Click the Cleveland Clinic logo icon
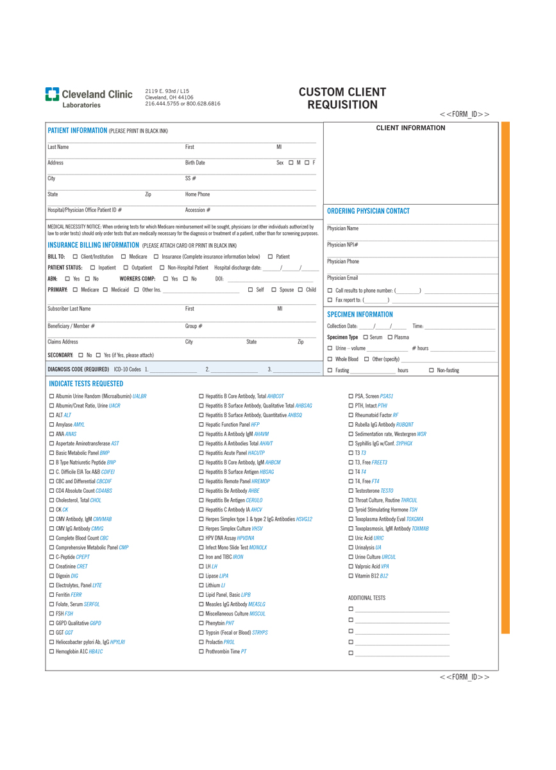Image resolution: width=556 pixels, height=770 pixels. pyautogui.click(x=52, y=94)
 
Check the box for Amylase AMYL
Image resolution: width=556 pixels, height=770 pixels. pyautogui.click(x=52, y=425)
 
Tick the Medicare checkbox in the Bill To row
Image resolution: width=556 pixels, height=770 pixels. pyautogui.click(x=123, y=257)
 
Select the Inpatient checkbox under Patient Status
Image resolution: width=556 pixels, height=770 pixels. pyautogui.click(x=93, y=268)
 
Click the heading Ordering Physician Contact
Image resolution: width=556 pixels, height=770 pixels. pyautogui.click(x=368, y=211)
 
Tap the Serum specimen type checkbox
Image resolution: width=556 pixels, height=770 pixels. pyautogui.click(x=366, y=338)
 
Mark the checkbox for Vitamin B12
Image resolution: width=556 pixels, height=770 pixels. pyautogui.click(x=351, y=576)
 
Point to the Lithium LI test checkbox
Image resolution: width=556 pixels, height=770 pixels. pyautogui.click(x=201, y=586)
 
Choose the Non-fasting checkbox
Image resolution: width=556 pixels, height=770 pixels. pyautogui.click(x=432, y=371)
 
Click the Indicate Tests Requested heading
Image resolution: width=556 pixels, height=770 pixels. pyautogui.click(x=86, y=384)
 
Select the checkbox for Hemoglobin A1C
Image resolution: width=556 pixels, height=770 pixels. pyautogui.click(x=52, y=652)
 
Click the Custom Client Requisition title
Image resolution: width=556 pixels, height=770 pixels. pyautogui.click(x=342, y=98)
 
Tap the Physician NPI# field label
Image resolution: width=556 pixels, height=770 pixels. pyautogui.click(x=342, y=245)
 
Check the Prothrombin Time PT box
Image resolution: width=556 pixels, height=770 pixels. pyautogui.click(x=201, y=652)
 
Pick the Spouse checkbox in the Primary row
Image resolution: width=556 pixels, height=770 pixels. pyautogui.click(x=274, y=290)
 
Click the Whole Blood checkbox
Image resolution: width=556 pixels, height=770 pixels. pyautogui.click(x=330, y=359)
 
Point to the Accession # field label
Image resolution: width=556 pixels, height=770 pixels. pyautogui.click(x=198, y=210)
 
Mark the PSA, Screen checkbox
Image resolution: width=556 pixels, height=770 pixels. pyautogui.click(x=351, y=397)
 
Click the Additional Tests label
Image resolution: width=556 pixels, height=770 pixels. pyautogui.click(x=367, y=598)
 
